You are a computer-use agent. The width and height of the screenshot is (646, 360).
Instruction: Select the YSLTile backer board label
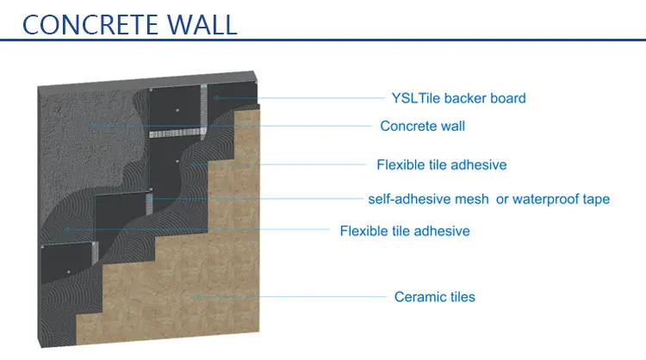click(455, 98)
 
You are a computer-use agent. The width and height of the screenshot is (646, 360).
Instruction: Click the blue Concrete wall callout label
click(422, 127)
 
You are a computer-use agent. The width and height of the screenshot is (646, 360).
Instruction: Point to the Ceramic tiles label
click(434, 297)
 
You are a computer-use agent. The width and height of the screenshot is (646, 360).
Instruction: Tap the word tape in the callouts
click(595, 199)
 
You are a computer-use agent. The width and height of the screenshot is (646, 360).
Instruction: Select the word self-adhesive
click(408, 199)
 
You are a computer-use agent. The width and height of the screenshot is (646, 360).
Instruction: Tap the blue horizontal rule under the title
click(323, 40)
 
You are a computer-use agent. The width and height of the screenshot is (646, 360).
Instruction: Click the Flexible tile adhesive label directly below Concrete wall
click(441, 164)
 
